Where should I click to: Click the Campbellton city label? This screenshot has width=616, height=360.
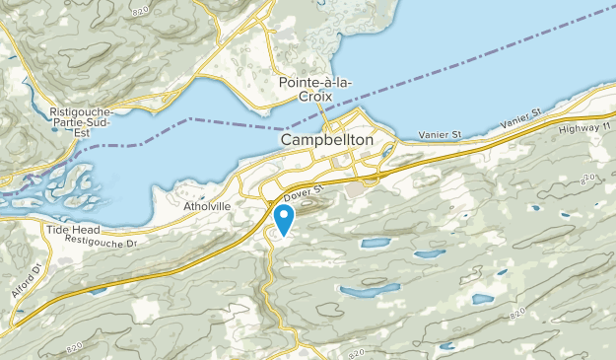[326, 141]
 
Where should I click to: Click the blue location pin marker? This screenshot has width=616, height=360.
[284, 218]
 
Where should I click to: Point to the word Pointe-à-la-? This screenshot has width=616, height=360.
[316, 81]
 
